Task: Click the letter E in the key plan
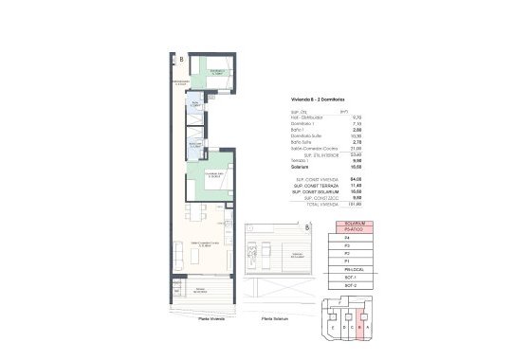click(x=333, y=328)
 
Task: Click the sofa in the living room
click(x=180, y=252)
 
